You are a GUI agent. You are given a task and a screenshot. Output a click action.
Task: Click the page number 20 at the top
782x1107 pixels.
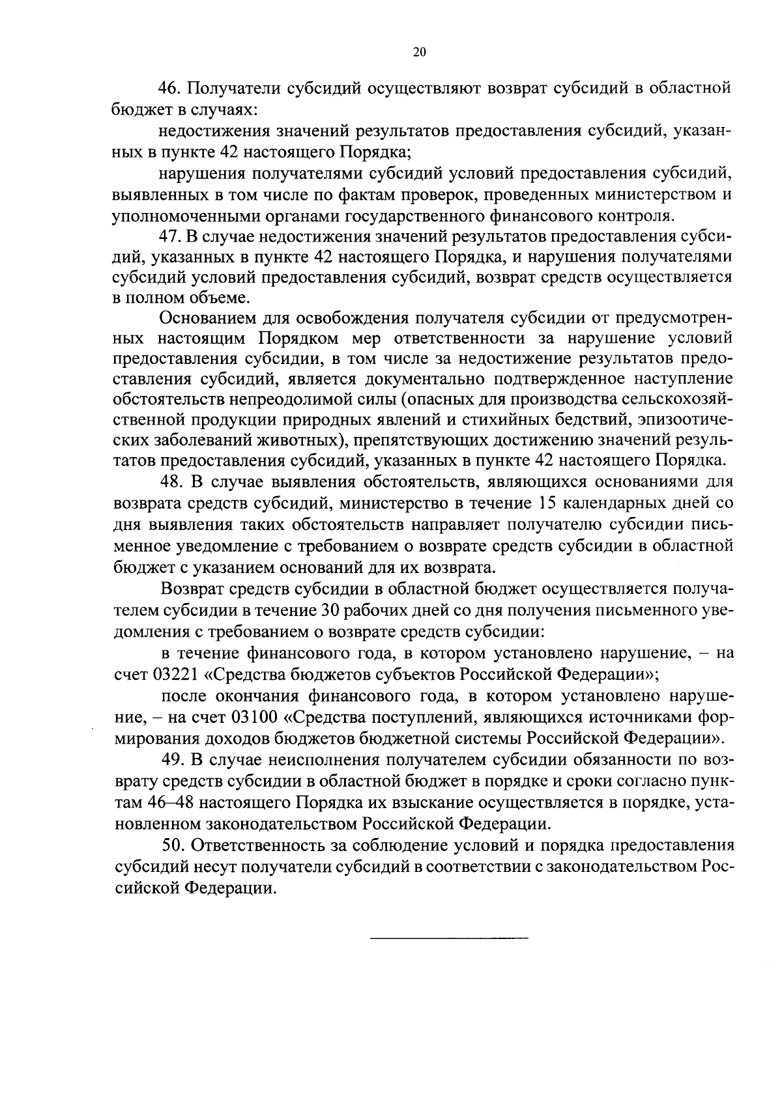[x=419, y=53]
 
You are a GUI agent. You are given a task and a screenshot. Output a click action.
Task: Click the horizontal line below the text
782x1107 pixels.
[x=449, y=938]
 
